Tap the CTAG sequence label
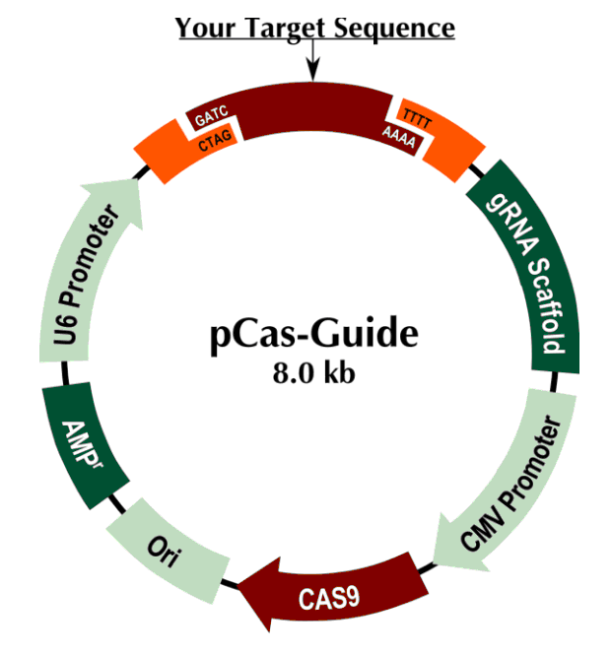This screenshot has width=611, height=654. [215, 145]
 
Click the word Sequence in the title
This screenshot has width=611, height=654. [395, 28]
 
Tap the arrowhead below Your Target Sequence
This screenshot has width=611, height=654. [313, 72]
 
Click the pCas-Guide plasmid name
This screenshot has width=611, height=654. [313, 335]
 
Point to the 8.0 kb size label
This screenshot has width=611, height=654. [313, 375]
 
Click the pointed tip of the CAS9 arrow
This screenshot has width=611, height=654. [243, 591]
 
